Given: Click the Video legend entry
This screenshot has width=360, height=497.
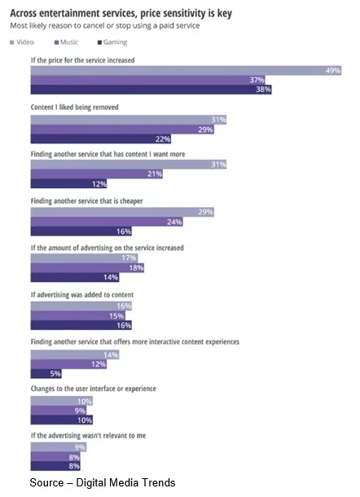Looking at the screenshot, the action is (x=22, y=42).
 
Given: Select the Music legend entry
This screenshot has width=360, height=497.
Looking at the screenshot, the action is (x=66, y=42).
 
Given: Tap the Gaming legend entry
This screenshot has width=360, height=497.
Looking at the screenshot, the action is (x=112, y=42).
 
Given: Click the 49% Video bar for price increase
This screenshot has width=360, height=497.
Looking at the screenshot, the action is (x=186, y=70).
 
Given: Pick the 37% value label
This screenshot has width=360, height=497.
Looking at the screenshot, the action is (x=257, y=80).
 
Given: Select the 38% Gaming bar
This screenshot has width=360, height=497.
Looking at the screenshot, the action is (x=151, y=90).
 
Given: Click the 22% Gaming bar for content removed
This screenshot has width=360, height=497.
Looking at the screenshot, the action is (x=101, y=139).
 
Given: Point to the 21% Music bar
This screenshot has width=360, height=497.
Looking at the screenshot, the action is (x=97, y=174).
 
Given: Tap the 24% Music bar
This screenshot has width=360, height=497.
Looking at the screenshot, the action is (x=107, y=222).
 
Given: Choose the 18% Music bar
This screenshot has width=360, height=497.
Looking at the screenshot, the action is (x=87, y=268).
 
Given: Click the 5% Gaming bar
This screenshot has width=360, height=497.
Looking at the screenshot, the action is (x=46, y=373).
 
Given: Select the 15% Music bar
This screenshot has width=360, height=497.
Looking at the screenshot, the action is (x=78, y=315).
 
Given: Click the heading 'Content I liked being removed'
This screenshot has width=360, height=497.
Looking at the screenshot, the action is (x=74, y=107).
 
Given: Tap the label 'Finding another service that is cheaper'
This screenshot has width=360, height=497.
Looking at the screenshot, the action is (x=87, y=201).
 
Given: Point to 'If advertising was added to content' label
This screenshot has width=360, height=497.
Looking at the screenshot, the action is (x=82, y=295).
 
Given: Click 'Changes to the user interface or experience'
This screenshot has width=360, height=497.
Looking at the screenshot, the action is (x=94, y=389).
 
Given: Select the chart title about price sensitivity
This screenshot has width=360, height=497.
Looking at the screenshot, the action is (x=121, y=13).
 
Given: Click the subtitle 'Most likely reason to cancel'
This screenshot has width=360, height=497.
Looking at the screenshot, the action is (x=105, y=26).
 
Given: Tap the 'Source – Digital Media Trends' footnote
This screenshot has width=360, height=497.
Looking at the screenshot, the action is (x=103, y=482).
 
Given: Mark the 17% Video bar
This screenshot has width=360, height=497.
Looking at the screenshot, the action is (x=84, y=258).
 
